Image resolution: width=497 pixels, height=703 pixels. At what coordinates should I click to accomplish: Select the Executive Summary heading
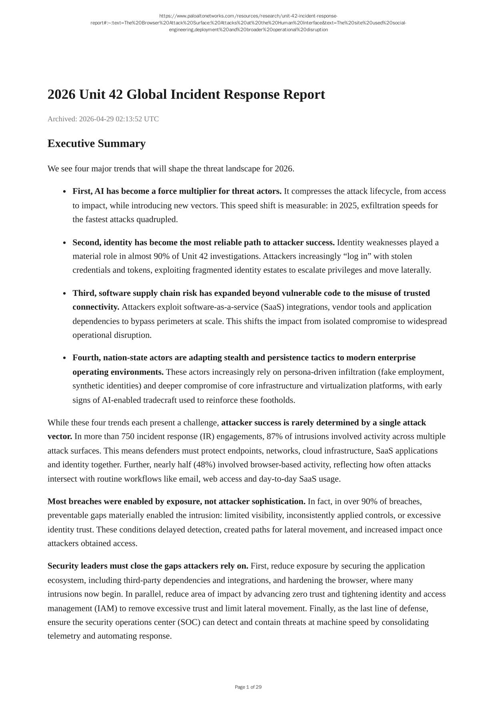96,144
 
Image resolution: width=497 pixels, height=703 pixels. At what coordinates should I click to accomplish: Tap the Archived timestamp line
103,119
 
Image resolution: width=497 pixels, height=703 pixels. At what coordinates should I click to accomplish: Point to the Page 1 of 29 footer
248,687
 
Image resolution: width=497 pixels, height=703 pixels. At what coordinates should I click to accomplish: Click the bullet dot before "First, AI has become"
65,192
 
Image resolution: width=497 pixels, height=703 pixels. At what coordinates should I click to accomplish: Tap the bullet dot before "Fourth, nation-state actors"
65,358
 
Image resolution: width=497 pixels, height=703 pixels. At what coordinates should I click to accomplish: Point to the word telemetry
64,636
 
